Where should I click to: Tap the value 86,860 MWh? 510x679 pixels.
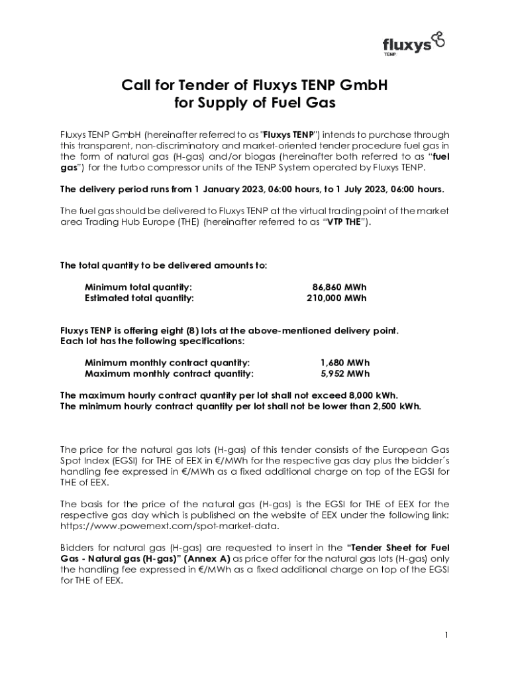pyautogui.click(x=339, y=287)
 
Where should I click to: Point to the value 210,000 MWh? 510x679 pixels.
pyautogui.click(x=336, y=298)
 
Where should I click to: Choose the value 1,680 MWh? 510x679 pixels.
pyautogui.click(x=344, y=363)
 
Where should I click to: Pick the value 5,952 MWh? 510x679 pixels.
pyautogui.click(x=344, y=373)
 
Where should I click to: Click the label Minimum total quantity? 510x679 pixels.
pyautogui.click(x=138, y=287)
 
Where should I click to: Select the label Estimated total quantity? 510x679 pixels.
pyautogui.click(x=139, y=298)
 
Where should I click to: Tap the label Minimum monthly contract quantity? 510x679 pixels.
pyautogui.click(x=168, y=363)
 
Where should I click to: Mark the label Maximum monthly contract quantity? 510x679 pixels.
pyautogui.click(x=169, y=373)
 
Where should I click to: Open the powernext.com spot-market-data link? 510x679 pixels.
pyautogui.click(x=170, y=526)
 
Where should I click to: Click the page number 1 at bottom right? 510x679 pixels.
pyautogui.click(x=446, y=635)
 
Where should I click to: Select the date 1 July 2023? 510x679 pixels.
pyautogui.click(x=360, y=189)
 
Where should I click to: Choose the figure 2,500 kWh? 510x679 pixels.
pyautogui.click(x=395, y=405)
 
